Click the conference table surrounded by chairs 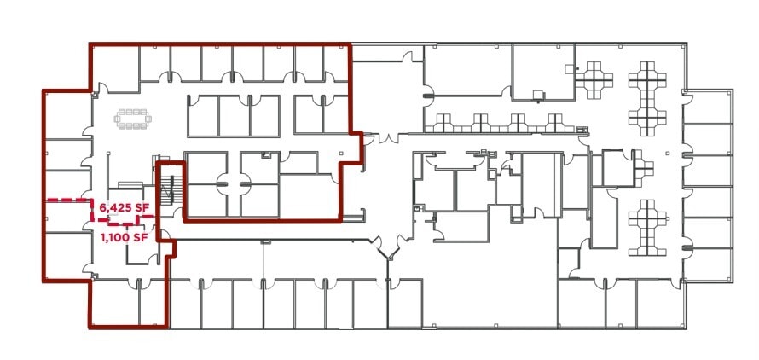click(132, 119)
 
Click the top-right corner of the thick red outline click(350, 44)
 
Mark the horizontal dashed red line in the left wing click(68, 200)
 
